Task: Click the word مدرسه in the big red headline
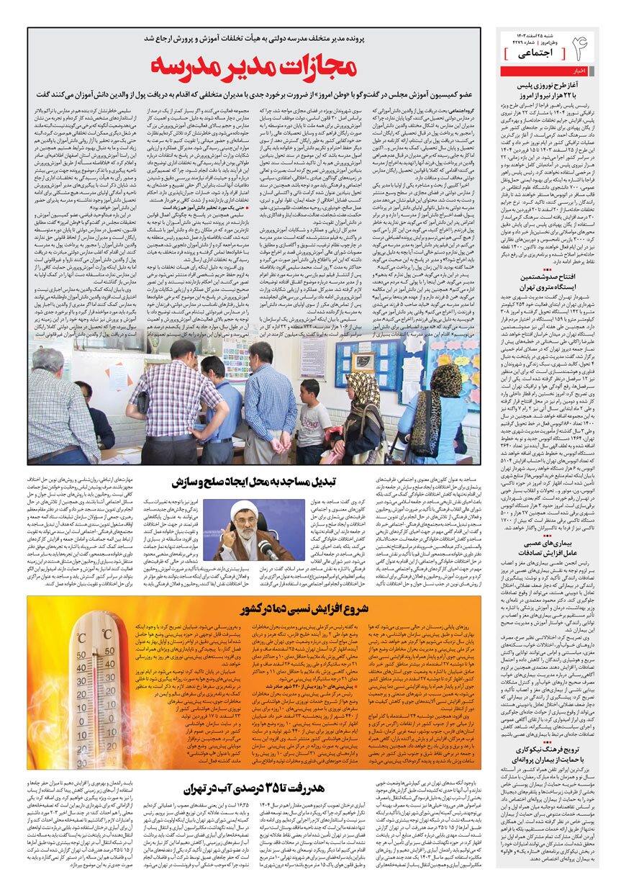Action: pos(194,66)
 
